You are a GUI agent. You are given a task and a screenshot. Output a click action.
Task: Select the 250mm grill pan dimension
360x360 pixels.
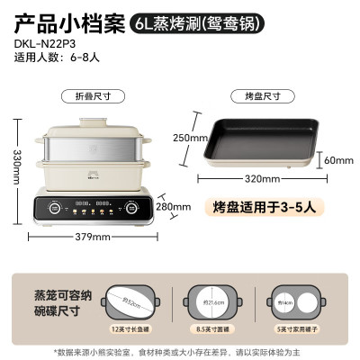click(x=210, y=138)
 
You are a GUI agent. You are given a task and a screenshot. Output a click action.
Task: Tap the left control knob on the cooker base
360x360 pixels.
click(x=56, y=206)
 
